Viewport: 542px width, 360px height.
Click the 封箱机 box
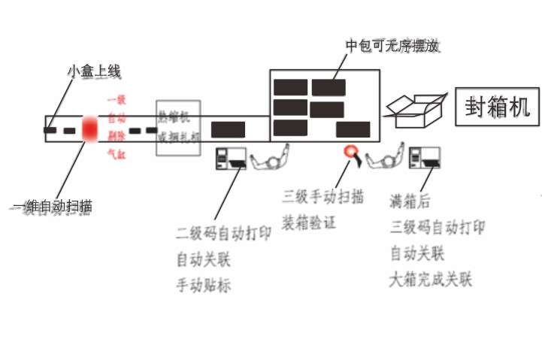tap(497, 107)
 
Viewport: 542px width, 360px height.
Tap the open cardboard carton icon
tap(418, 113)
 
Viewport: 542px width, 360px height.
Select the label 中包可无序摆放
tap(392, 47)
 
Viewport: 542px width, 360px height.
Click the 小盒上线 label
tap(94, 71)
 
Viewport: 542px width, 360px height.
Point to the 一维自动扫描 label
tap(53, 205)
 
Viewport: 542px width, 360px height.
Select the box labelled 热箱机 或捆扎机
tap(178, 128)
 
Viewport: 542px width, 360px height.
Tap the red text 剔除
tap(117, 136)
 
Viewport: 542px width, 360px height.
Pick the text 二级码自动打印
tap(223, 234)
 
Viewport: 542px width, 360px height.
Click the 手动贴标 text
tap(204, 285)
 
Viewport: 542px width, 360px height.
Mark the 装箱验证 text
tap(309, 222)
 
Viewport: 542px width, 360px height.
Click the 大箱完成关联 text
tap(430, 280)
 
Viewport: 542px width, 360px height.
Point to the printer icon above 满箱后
tap(425, 157)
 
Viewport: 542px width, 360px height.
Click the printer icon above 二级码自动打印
tap(231, 157)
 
